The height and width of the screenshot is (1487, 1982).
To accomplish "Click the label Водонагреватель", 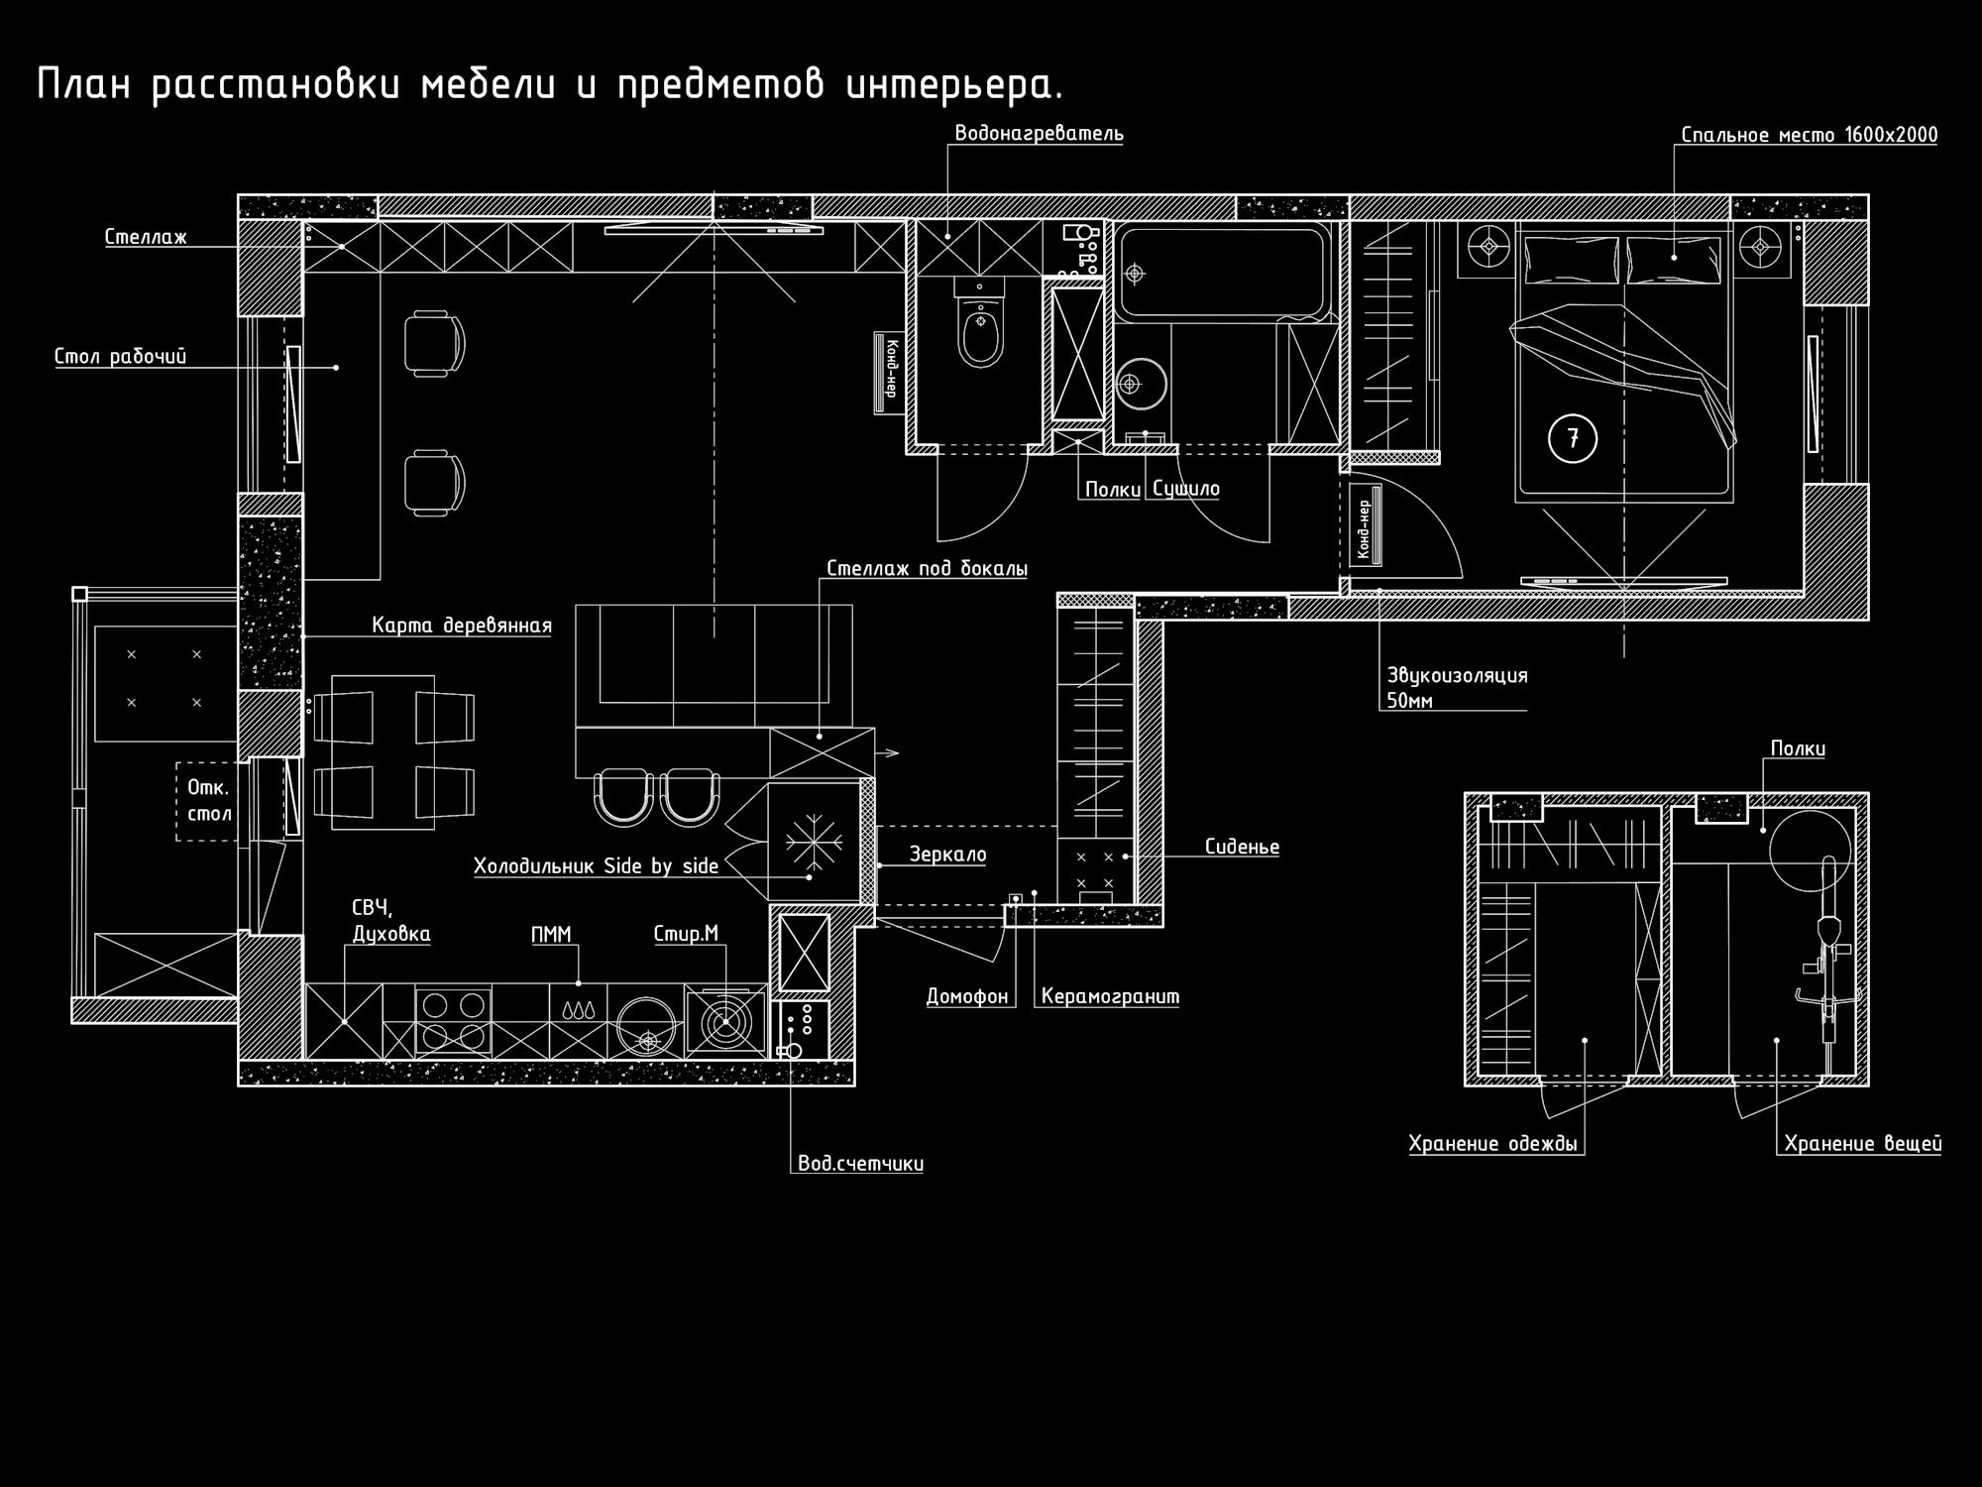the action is click(x=1039, y=133).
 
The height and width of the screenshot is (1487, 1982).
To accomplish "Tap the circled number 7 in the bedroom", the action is click(x=1573, y=437).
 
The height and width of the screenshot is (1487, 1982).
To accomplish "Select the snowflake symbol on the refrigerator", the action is click(x=814, y=843).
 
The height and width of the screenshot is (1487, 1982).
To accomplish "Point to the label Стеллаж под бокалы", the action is click(x=927, y=569).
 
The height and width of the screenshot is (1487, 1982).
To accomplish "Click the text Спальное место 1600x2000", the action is click(x=1809, y=135).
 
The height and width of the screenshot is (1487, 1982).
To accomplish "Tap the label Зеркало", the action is click(x=948, y=855).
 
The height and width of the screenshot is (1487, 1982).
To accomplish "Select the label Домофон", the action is click(x=967, y=996).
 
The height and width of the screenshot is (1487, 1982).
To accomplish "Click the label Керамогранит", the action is click(x=1110, y=996).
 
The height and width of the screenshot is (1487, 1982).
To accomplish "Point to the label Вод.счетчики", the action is click(x=860, y=1163).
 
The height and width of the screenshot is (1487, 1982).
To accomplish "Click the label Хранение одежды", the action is click(x=1492, y=1144).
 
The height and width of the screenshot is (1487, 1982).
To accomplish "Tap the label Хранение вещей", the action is click(x=1863, y=1144).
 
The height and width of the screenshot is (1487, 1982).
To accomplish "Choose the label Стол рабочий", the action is click(x=120, y=357).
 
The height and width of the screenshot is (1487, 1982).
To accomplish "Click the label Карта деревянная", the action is click(x=462, y=626).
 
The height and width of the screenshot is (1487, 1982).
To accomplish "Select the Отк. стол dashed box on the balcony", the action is click(x=208, y=801).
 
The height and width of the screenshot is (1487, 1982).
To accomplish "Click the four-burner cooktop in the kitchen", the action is click(x=453, y=1021).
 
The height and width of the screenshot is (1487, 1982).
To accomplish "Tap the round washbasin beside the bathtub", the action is click(x=1141, y=384).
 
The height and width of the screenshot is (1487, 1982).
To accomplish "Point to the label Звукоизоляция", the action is click(x=1457, y=676).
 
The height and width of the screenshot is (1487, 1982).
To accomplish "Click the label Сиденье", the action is click(x=1242, y=848).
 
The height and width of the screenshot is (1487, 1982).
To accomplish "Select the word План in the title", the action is click(x=84, y=84).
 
